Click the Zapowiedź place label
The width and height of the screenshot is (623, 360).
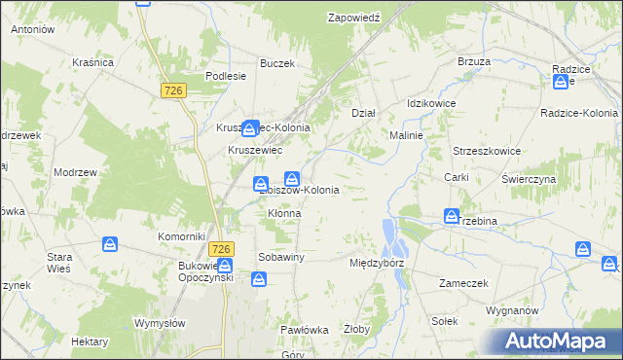[359, 18]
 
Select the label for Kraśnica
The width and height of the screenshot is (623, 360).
[92, 62]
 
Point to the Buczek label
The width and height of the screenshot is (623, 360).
[276, 63]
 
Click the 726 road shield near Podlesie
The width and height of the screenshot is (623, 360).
[173, 90]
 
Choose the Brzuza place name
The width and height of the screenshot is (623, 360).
[473, 60]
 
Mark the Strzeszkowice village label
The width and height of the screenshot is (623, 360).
[487, 151]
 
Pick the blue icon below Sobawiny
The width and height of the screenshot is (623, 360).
[259, 280]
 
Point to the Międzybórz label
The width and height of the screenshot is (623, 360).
[376, 263]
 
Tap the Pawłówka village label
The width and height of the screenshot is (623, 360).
[304, 330]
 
